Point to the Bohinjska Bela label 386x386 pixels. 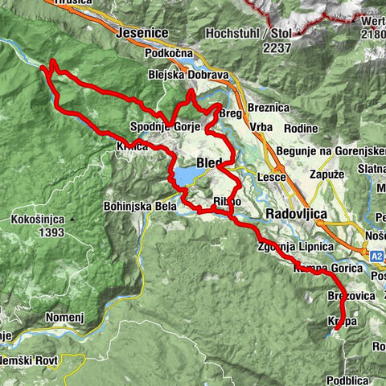pos(135,206)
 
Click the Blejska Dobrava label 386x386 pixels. pos(189,75)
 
